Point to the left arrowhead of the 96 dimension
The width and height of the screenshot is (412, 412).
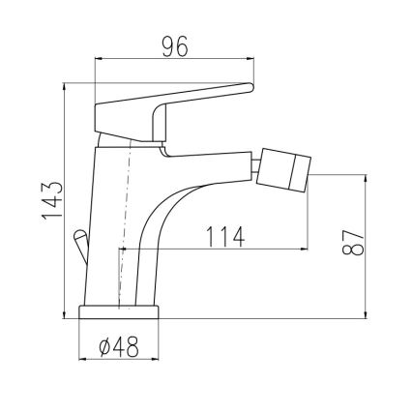(x=99, y=60)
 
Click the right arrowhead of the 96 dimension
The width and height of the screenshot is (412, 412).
(x=250, y=60)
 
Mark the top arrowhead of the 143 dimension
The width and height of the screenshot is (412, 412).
(x=65, y=90)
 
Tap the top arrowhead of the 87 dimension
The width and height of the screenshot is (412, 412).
(x=366, y=177)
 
